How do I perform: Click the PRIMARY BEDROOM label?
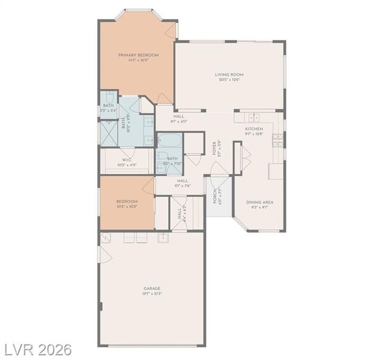(138, 55)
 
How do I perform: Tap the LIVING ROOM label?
(229, 75)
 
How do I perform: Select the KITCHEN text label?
(254, 128)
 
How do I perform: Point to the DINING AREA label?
(260, 202)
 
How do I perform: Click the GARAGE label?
(152, 288)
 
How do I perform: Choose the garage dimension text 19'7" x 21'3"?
(152, 294)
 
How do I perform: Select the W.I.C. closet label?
(126, 159)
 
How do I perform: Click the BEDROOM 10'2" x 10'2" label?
(126, 202)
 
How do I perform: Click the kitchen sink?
(255, 117)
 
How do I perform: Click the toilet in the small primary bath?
(109, 97)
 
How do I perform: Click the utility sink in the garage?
(163, 238)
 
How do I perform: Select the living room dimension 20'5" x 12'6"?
(229, 81)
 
